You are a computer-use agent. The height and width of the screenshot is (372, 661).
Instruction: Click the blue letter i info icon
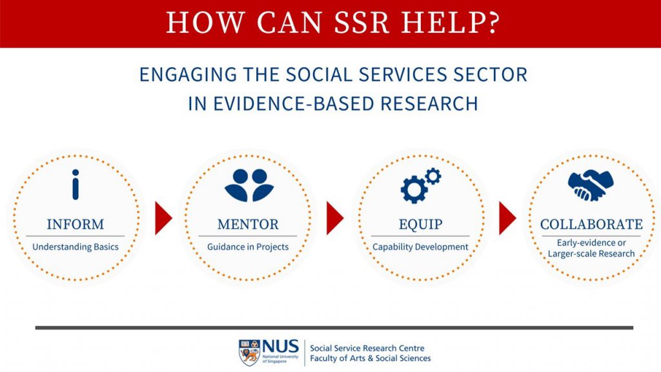tap(76, 185)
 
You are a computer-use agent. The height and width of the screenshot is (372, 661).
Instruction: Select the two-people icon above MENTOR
tap(249, 185)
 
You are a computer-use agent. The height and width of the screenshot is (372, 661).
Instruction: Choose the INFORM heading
tap(76, 225)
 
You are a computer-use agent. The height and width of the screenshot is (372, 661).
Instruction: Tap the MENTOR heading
tap(248, 225)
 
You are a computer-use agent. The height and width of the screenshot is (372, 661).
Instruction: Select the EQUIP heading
tap(420, 225)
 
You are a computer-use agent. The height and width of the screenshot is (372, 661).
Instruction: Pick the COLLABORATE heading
tap(591, 225)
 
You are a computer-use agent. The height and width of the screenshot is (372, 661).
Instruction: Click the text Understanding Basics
tap(76, 247)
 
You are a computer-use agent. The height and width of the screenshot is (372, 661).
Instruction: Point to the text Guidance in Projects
tap(248, 247)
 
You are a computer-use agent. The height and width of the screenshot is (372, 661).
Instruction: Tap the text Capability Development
tap(420, 247)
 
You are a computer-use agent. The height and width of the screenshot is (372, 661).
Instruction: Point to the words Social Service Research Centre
tap(367, 348)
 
